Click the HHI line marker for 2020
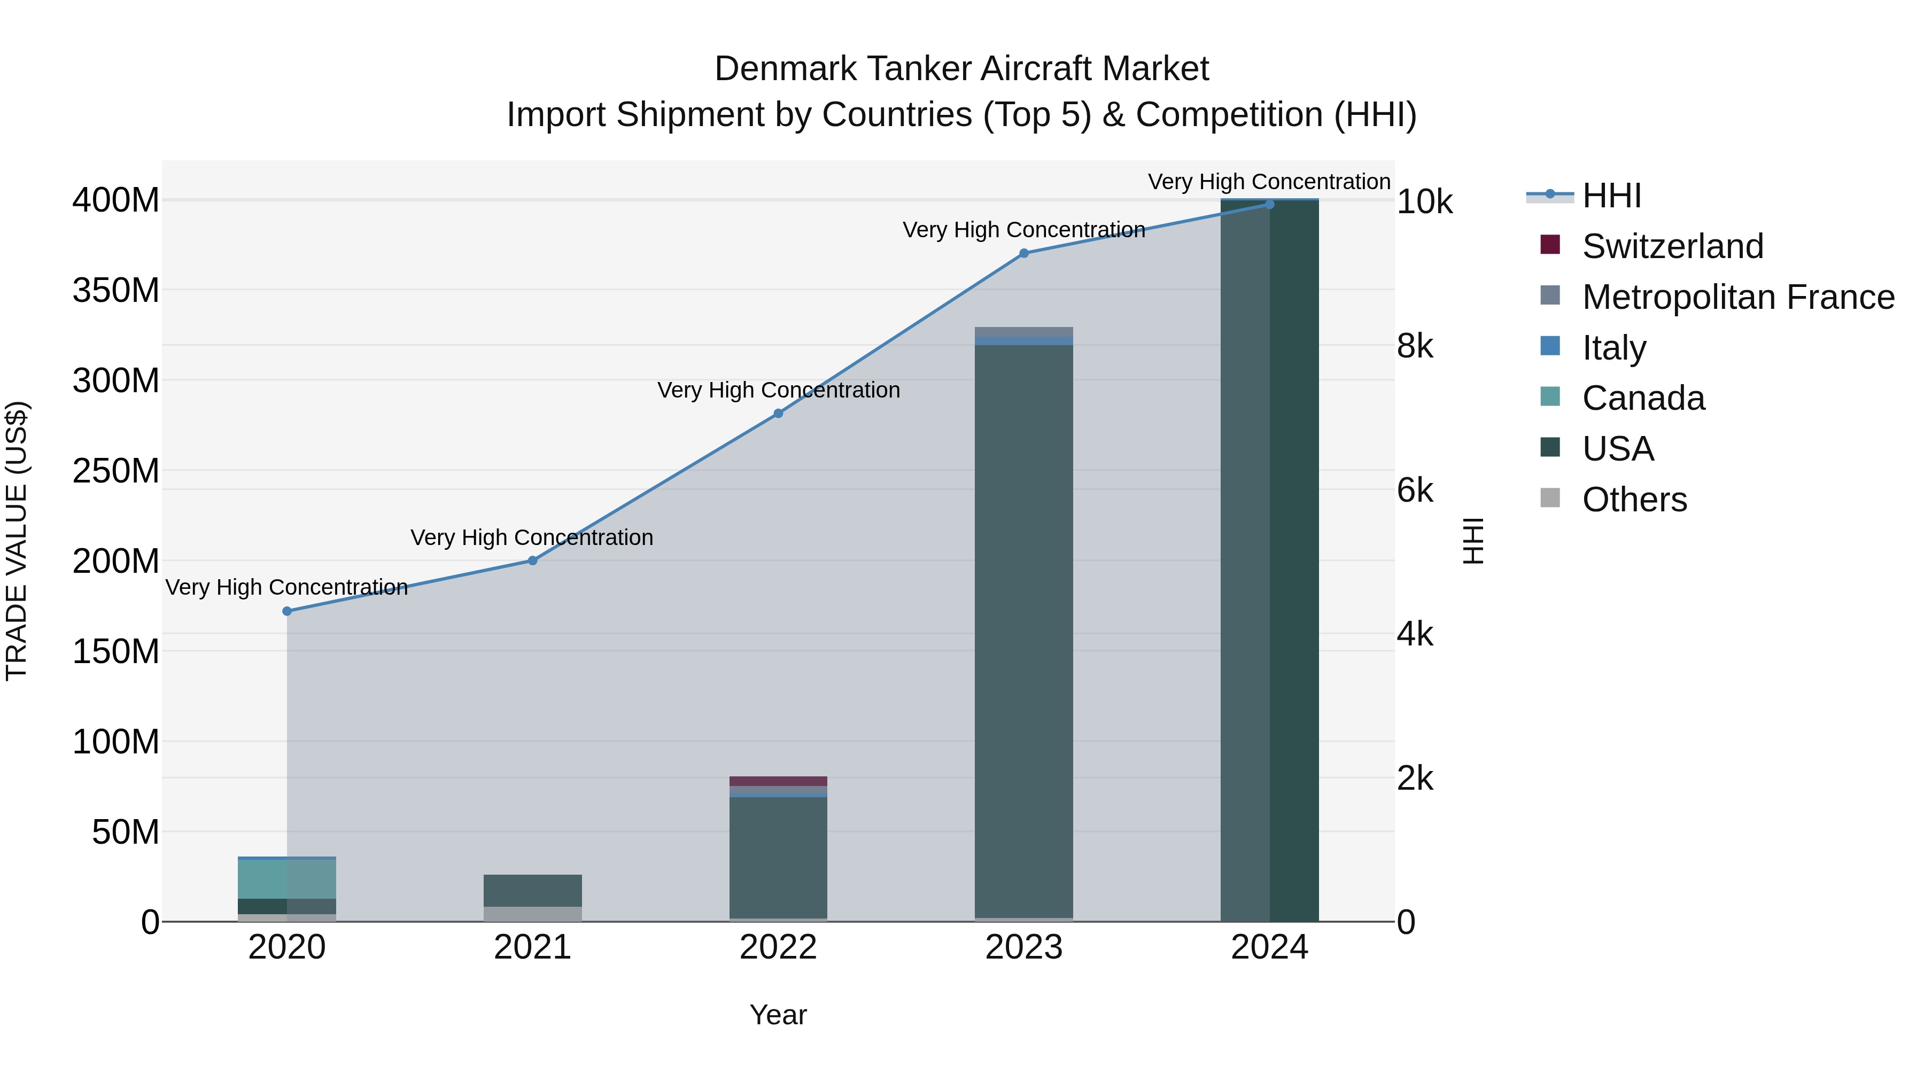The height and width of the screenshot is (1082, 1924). [287, 611]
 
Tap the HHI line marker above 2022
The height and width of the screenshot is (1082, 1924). [778, 413]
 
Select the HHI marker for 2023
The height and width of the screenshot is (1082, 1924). [1024, 253]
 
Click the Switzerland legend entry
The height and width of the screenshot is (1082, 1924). [1672, 246]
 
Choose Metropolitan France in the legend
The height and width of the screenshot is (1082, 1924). [1737, 297]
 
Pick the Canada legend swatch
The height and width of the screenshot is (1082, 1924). [1550, 396]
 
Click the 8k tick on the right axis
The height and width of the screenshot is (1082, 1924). [1415, 346]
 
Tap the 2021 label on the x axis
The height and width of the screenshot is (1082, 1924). [532, 947]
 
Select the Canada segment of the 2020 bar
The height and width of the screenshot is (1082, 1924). [287, 879]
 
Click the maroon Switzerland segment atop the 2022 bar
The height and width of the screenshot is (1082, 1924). [778, 781]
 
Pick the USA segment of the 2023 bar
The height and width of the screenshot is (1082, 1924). [1024, 635]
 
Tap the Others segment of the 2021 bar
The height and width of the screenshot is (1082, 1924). [532, 914]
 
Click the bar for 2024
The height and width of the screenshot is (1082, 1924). [1270, 560]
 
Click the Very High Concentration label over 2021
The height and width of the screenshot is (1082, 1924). [532, 538]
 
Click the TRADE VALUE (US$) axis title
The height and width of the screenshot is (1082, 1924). [17, 541]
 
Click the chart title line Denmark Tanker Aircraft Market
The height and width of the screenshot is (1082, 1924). [961, 69]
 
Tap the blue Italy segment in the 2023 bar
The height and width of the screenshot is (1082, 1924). [1024, 340]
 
